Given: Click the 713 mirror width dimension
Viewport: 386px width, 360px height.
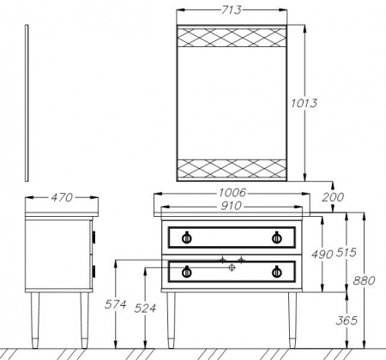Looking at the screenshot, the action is pos(232,10).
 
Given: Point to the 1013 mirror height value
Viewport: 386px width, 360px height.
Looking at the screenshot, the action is pos(304,103).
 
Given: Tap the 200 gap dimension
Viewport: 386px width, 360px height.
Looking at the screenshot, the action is pos(333,197).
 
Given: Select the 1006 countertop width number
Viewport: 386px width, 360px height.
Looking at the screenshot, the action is pos(232,193).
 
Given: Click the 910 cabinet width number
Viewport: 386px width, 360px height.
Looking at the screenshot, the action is pos(231,206).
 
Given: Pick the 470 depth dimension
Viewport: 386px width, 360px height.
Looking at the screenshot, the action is pos(62,197).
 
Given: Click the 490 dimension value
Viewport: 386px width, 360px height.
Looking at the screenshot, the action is pos(323,255).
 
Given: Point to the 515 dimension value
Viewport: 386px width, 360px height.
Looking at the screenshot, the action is pos(346,252).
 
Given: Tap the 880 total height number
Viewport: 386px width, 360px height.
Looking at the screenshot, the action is pos(364,280).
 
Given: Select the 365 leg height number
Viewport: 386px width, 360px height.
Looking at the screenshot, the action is pos(347,321).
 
